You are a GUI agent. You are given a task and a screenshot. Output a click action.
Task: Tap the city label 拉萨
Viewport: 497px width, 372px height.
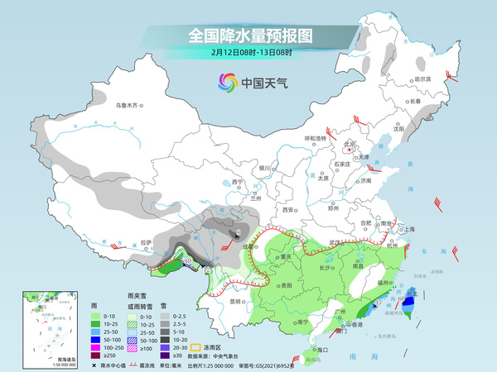pyautogui.click(x=146, y=242)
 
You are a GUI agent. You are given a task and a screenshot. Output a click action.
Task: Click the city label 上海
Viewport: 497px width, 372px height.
pyautogui.click(x=407, y=229)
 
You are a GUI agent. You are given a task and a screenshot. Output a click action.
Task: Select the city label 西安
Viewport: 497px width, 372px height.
pyautogui.click(x=288, y=210)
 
